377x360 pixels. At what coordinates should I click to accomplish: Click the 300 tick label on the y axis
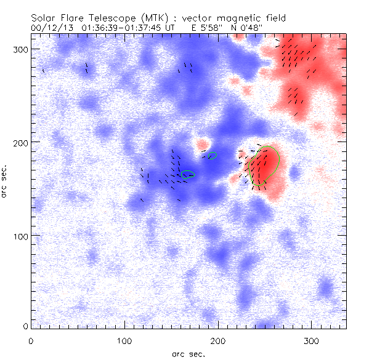(20, 49)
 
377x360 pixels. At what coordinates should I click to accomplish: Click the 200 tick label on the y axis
(20, 142)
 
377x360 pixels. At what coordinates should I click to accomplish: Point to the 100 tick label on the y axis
(20, 236)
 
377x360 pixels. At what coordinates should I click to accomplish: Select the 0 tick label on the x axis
(31, 340)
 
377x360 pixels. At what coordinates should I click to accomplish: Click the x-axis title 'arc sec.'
(188, 354)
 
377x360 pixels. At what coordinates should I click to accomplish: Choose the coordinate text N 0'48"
(253, 28)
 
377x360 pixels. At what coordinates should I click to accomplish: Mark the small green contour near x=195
(213, 156)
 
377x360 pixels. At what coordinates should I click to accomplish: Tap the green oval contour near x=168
(188, 174)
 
